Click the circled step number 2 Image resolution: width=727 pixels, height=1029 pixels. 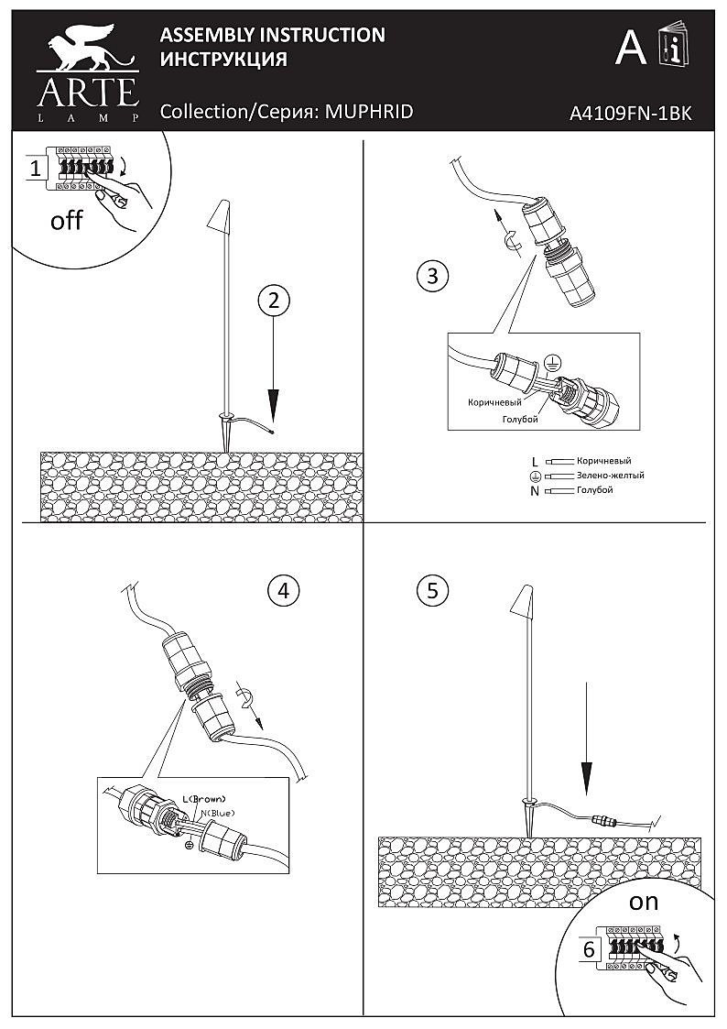[274, 300]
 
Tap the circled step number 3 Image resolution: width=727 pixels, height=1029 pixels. [431, 275]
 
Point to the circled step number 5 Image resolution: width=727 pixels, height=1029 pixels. [431, 590]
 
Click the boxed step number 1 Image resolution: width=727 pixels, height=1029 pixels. [35, 169]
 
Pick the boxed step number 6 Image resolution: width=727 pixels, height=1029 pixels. [588, 949]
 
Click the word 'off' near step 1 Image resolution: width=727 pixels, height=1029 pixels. [66, 221]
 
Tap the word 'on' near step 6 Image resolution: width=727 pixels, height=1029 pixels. [644, 902]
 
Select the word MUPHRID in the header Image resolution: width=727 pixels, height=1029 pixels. [370, 112]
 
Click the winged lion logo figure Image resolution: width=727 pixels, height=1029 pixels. [87, 54]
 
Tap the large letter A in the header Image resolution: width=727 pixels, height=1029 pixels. [630, 48]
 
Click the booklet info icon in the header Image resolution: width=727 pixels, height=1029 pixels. [674, 47]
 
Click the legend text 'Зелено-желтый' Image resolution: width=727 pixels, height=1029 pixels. [610, 476]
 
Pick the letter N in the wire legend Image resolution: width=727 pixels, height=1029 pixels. [535, 491]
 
